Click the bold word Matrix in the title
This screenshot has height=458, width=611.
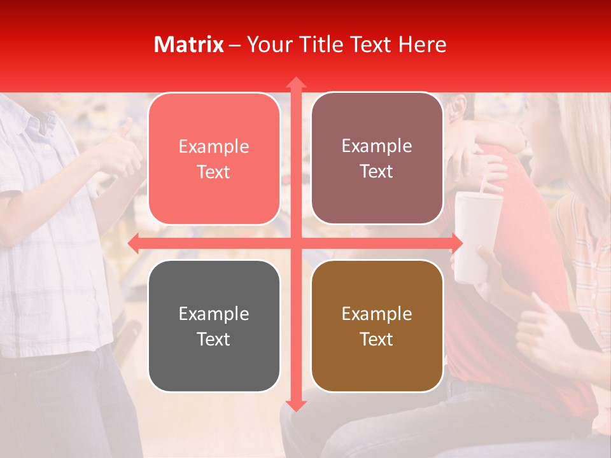point(188,45)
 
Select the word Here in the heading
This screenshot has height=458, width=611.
point(422,45)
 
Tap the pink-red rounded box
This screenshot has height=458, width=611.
point(214,159)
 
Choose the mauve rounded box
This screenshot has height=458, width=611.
point(377,158)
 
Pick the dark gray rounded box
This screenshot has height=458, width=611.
point(214,326)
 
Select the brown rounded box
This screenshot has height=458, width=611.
point(377,326)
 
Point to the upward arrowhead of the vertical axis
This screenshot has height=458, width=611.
point(295,83)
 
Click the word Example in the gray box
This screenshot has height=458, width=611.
point(214,314)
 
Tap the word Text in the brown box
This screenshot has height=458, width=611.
point(377,339)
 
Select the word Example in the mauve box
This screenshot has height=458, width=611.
point(377,146)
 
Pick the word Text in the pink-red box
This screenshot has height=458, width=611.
point(214,172)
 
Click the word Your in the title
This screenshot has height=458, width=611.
point(267,45)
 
